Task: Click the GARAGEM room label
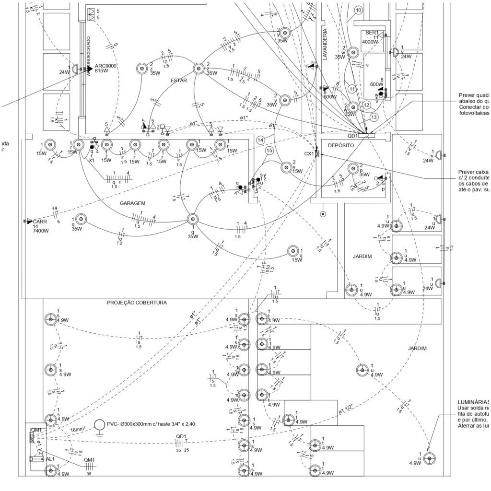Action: click(132, 203)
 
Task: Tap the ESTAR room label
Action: click(178, 81)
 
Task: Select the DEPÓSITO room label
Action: click(341, 145)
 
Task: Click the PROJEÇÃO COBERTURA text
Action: click(137, 303)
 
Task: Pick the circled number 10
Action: click(358, 10)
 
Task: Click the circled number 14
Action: click(261, 140)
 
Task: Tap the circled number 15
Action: click(269, 151)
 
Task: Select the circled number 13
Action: click(374, 117)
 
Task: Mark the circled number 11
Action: click(352, 89)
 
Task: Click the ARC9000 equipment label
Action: click(106, 66)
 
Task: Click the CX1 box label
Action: click(309, 154)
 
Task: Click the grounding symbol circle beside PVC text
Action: click(100, 425)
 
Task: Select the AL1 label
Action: click(50, 459)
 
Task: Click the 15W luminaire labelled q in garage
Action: click(293, 251)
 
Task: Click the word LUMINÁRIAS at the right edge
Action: click(474, 402)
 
